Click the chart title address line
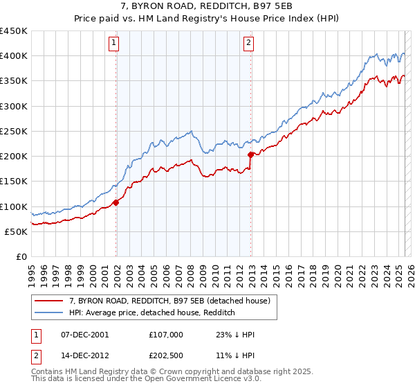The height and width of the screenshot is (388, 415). pyautogui.click(x=207, y=7)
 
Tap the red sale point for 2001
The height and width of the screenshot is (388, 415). pyautogui.click(x=116, y=202)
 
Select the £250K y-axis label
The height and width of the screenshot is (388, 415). pyautogui.click(x=14, y=131)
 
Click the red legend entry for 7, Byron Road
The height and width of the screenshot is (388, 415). pyautogui.click(x=173, y=301)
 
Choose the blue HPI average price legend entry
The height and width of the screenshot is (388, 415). pyautogui.click(x=152, y=313)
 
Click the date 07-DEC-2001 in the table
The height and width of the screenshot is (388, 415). pyautogui.click(x=84, y=335)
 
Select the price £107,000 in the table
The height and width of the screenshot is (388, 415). pyautogui.click(x=166, y=335)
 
